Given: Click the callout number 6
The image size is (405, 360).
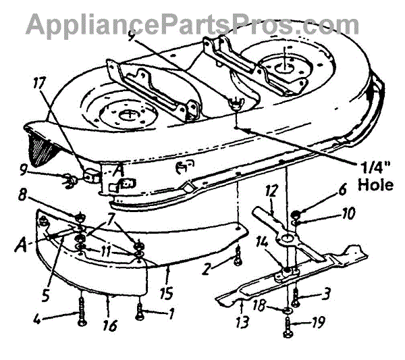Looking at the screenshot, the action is [304, 192].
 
